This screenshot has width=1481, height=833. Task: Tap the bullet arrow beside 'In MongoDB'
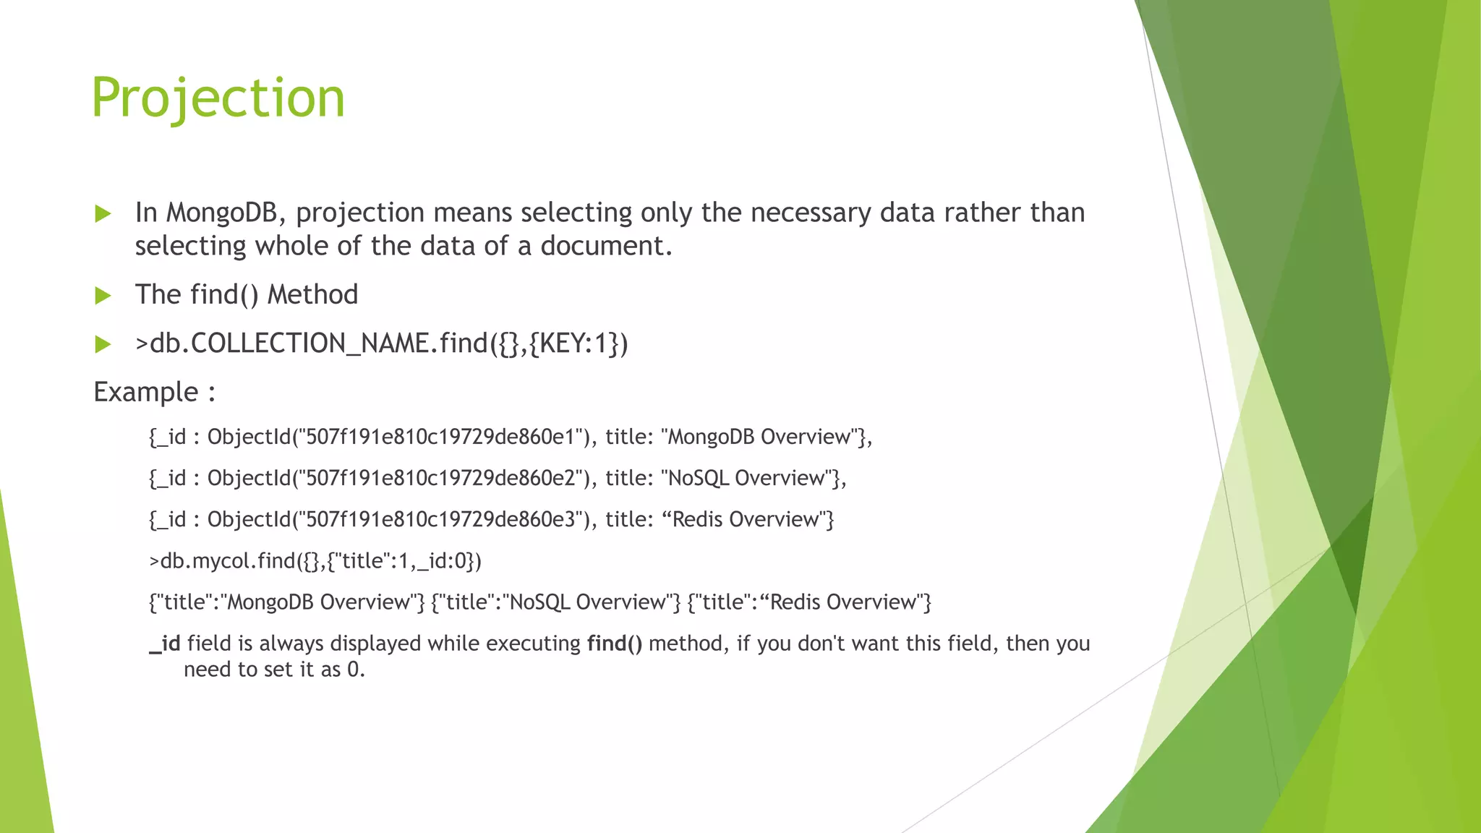coord(103,213)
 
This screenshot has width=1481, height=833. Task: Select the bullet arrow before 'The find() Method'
coord(103,295)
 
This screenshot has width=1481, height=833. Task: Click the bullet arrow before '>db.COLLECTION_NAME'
coord(103,344)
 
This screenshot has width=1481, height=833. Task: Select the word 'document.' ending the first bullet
coord(606,246)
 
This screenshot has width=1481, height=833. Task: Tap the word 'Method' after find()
coord(312,295)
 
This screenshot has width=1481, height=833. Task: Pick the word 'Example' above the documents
coord(146,392)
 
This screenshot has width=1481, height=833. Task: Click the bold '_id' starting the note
coord(165,644)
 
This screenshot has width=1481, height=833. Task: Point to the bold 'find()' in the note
coord(614,644)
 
